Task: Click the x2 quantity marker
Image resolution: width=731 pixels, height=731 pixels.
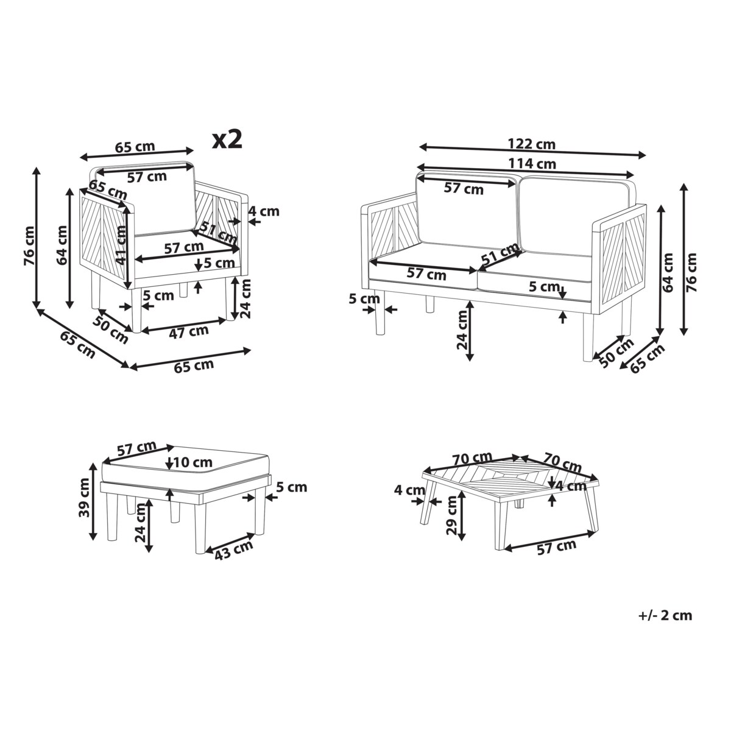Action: [227, 139]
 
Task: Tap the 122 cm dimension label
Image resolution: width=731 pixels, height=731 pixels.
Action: [531, 144]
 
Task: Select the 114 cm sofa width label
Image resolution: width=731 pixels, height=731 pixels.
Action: [532, 163]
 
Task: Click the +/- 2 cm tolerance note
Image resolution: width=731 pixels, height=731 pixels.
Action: [665, 615]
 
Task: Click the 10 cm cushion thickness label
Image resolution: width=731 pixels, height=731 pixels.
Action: [193, 462]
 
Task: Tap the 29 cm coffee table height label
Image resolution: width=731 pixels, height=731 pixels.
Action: [452, 515]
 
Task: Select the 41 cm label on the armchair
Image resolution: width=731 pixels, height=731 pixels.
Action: [120, 244]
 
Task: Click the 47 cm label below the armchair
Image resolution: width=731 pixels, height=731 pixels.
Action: [188, 331]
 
